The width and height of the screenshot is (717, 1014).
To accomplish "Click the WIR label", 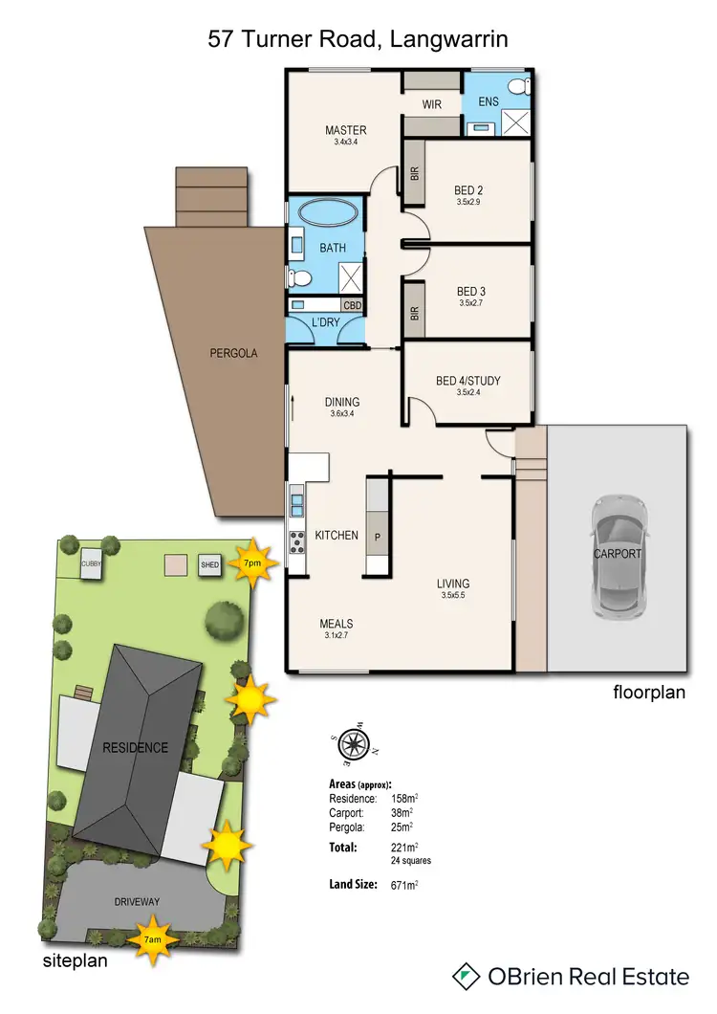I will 432,105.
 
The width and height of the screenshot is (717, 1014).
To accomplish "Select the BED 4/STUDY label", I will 467,381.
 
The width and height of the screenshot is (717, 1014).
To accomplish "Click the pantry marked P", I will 378,537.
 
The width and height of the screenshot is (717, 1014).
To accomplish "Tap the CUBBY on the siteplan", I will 92,562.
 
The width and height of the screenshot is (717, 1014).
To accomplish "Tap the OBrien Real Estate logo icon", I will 466,976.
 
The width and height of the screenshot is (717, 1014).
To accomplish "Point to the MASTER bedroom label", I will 345,131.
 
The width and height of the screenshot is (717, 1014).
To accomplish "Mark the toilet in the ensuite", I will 518,88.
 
